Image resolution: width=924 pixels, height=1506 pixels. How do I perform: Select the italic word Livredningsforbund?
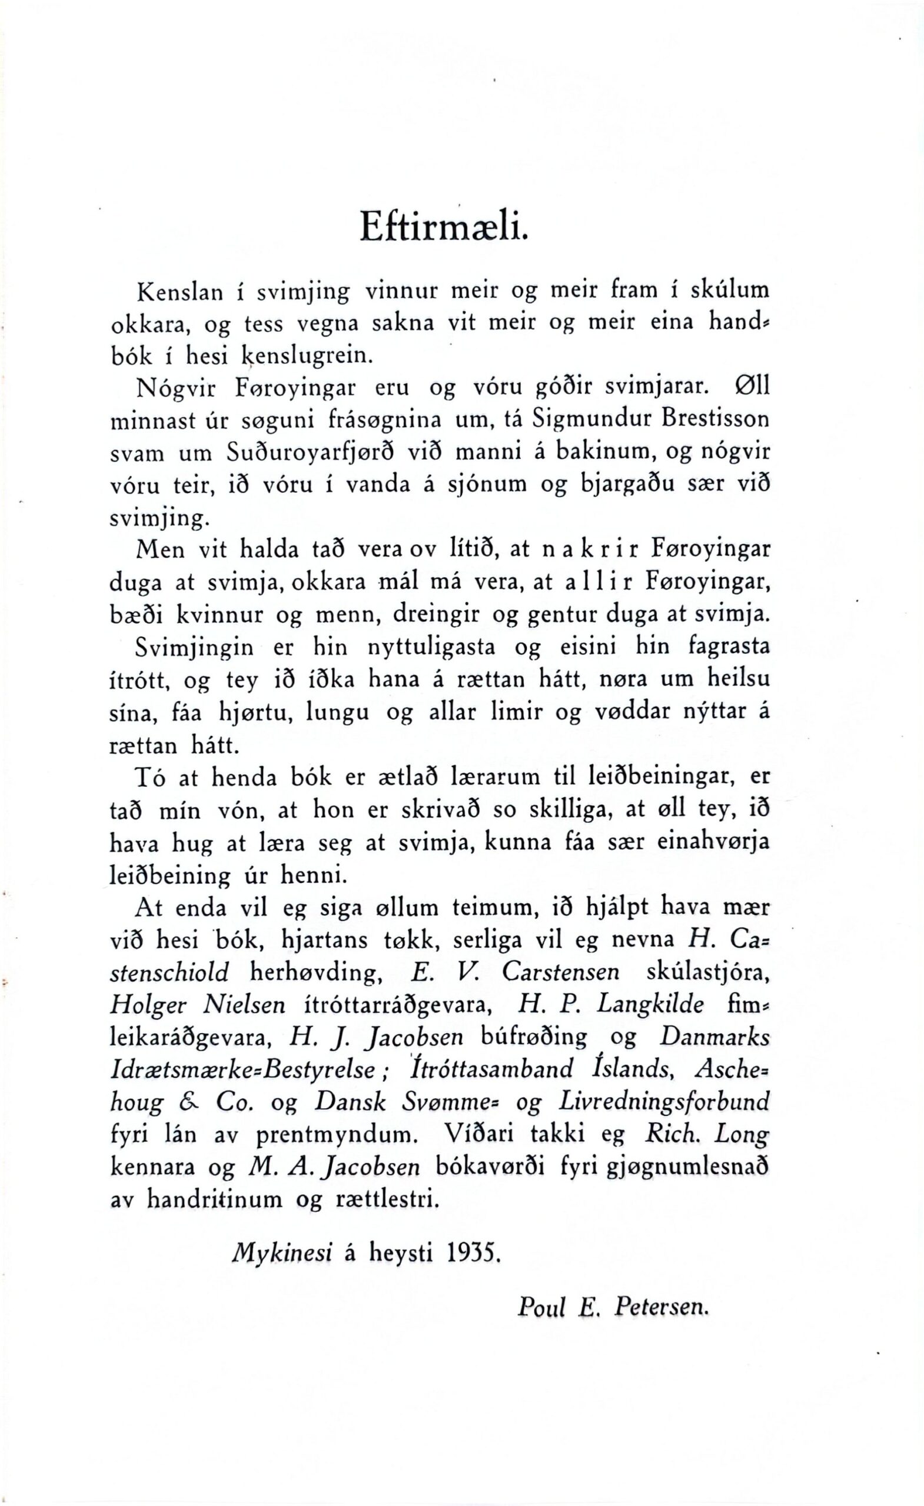pos(663,1102)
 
